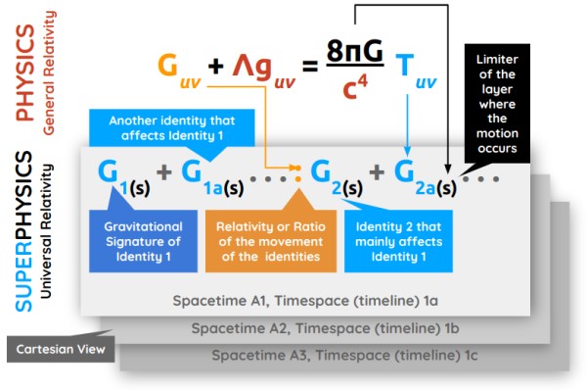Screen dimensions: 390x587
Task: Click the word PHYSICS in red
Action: pyautogui.click(x=26, y=73)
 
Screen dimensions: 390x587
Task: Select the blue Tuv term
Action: pyautogui.click(x=415, y=67)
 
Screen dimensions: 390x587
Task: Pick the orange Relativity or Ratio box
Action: pyautogui.click(x=266, y=241)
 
